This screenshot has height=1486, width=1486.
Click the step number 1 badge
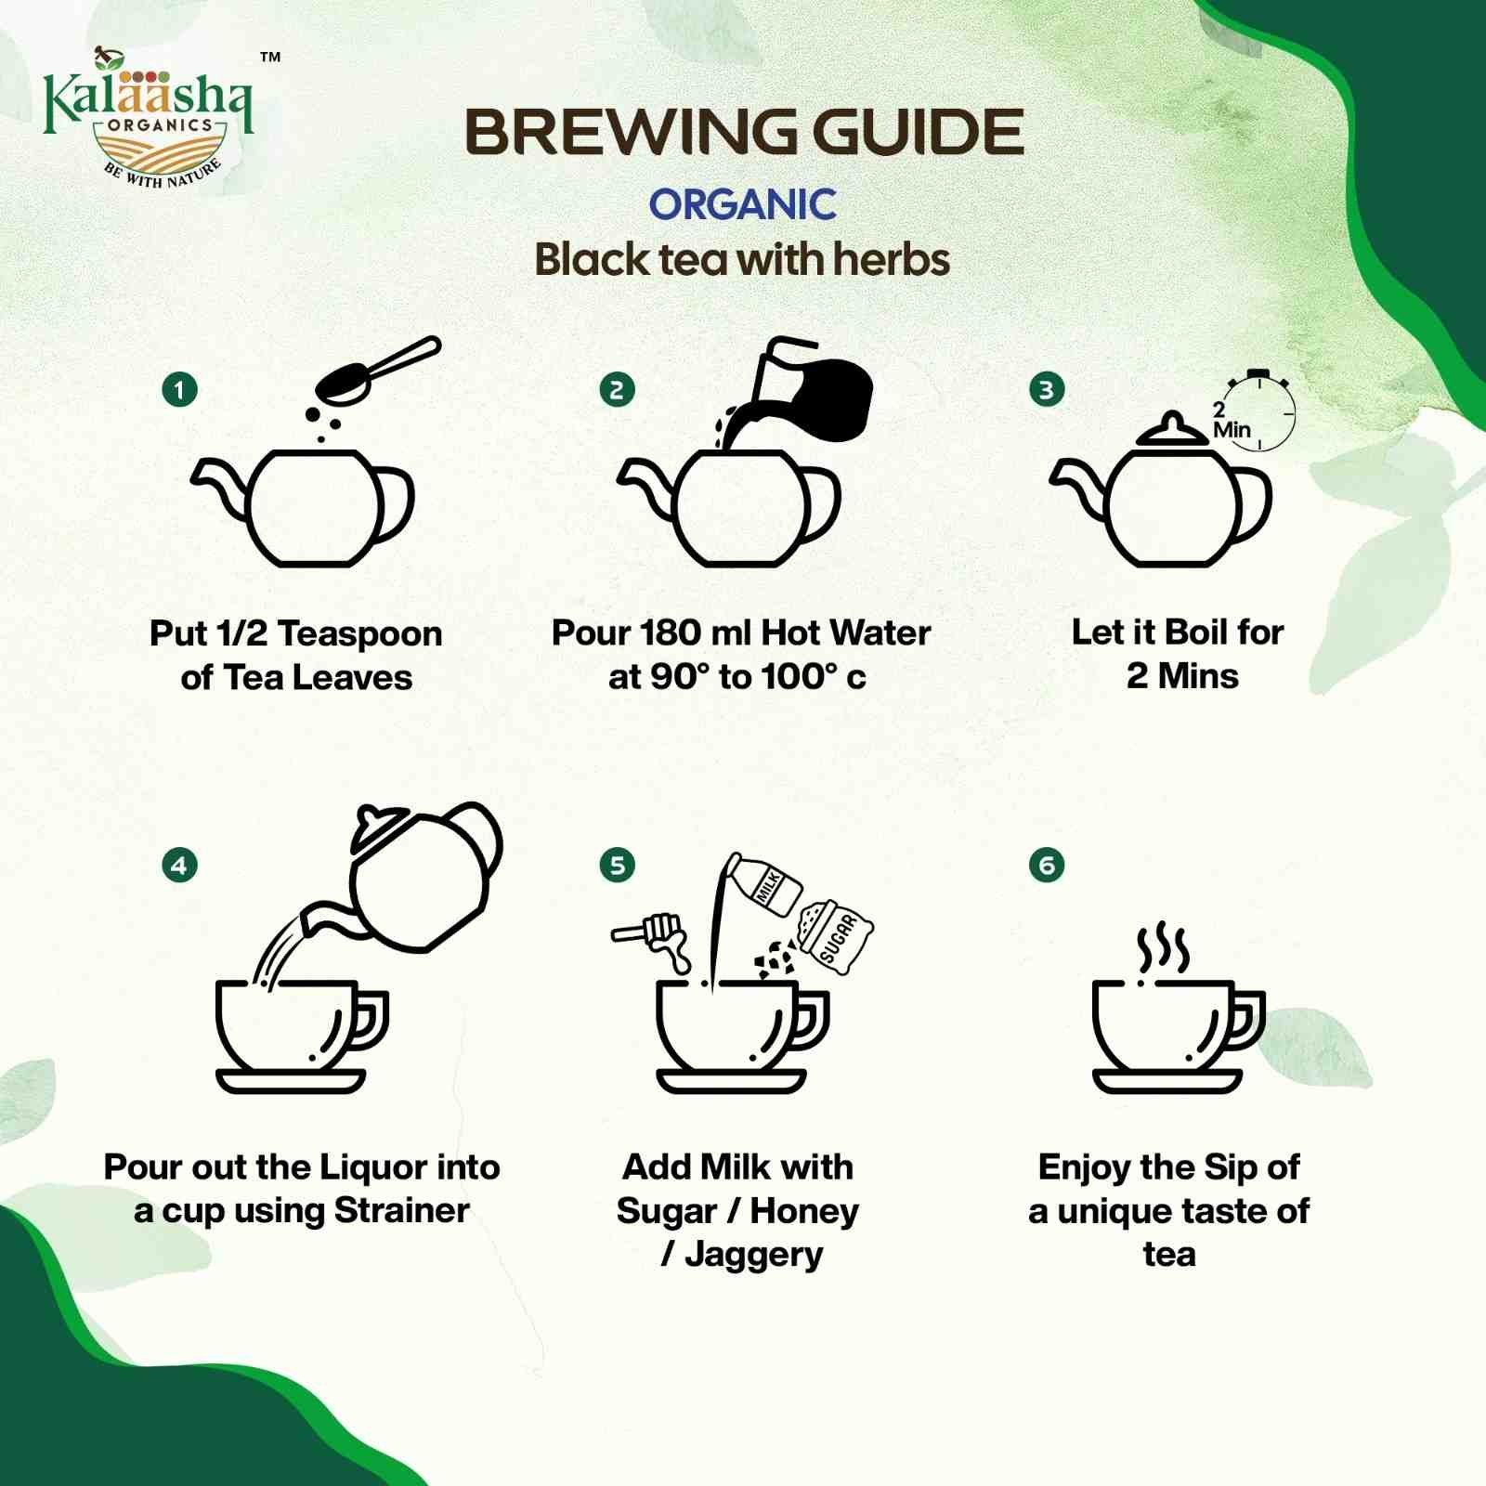pyautogui.click(x=179, y=389)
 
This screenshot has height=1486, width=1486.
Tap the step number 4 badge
pyautogui.click(x=179, y=866)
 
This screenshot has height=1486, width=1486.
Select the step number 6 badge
pyautogui.click(x=1047, y=866)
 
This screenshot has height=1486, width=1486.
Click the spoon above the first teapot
pyautogui.click(x=376, y=371)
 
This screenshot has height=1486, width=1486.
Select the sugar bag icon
pyautogui.click(x=835, y=936)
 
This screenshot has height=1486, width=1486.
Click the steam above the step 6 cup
pyautogui.click(x=1163, y=949)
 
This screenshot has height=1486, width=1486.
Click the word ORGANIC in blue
pyautogui.click(x=742, y=204)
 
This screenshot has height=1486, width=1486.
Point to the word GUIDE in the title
pyautogui.click(x=919, y=132)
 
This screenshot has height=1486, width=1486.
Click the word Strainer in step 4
pyautogui.click(x=401, y=1210)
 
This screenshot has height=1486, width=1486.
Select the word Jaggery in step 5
pyautogui.click(x=753, y=1255)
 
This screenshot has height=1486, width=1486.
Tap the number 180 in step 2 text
pyautogui.click(x=670, y=632)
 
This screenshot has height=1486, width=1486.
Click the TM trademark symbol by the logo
pyautogui.click(x=270, y=58)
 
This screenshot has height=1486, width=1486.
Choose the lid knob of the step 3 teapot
pyautogui.click(x=1172, y=421)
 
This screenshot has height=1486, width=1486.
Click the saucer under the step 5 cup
pyautogui.click(x=731, y=1081)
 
